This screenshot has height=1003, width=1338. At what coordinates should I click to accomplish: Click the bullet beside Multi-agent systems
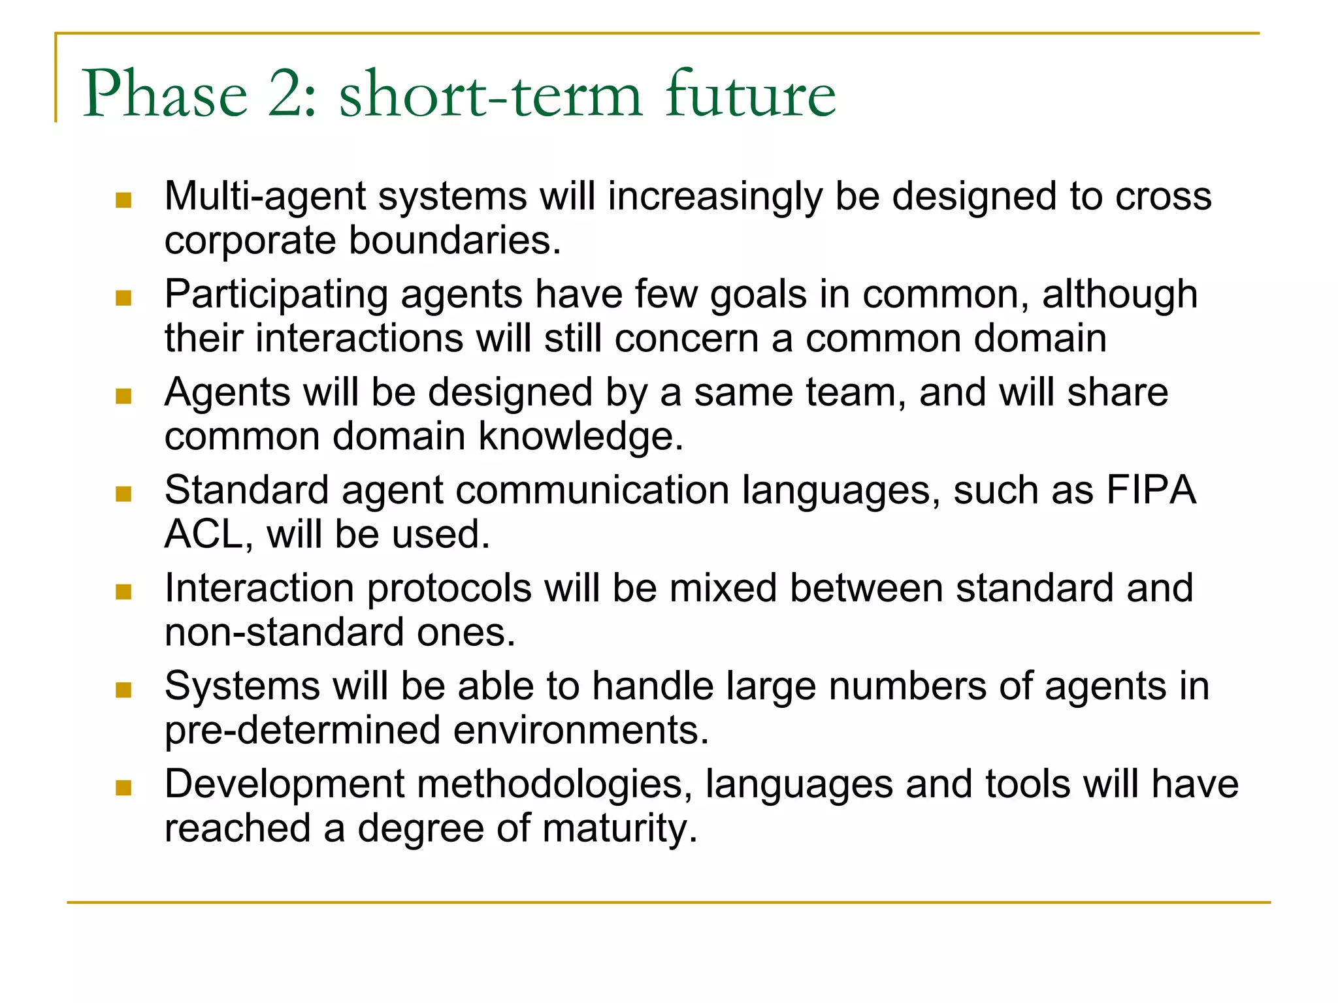(123, 200)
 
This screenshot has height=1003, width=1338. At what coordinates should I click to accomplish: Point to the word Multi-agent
(265, 197)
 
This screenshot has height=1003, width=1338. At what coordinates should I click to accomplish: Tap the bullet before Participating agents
(123, 298)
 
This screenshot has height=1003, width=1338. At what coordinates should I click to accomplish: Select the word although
(1119, 295)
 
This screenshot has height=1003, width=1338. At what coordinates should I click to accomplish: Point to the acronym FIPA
(1150, 490)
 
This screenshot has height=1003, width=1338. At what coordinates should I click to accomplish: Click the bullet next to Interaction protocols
(123, 592)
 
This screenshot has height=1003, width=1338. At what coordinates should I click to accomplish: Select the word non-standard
(284, 633)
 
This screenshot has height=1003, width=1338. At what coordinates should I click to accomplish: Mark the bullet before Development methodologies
(123, 788)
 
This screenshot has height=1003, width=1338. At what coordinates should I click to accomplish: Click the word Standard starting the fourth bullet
(246, 490)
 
